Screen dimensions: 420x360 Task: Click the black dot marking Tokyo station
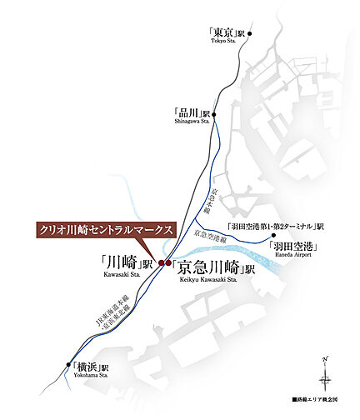tap(250, 34)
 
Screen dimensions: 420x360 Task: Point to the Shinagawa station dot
tap(214, 114)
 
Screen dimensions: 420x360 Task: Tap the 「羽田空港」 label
tap(295, 247)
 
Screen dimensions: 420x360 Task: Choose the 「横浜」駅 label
tap(90, 365)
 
